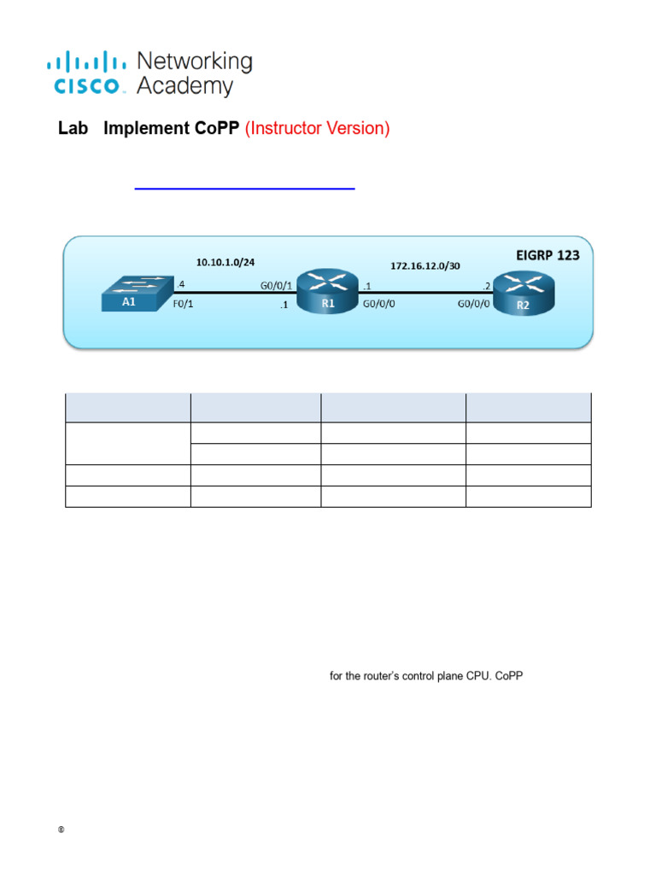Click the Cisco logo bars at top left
pos(85,61)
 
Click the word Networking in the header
pos(195,61)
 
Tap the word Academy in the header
pos(184,86)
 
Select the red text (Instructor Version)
pos(317,129)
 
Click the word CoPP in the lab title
pos(216,129)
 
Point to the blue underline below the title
pos(244,188)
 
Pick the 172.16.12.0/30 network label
pos(424,265)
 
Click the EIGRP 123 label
pos(548,255)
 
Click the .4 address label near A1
pos(179,284)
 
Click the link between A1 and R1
pos(231,294)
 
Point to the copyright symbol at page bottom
pos(61,830)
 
